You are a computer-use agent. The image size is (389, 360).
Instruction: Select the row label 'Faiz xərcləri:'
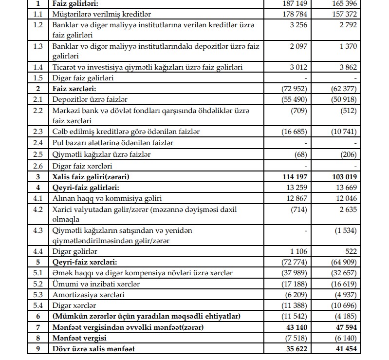[74, 89]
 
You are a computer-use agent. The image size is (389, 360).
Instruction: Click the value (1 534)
[345, 231]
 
